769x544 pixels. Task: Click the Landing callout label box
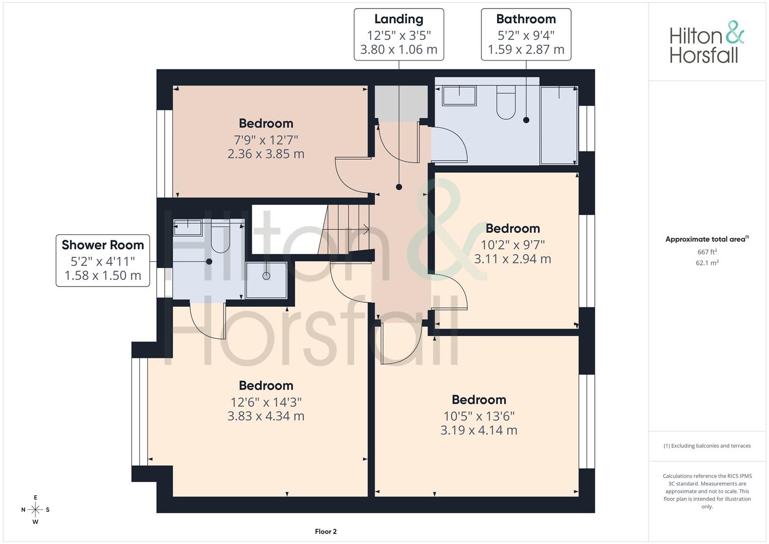pyautogui.click(x=398, y=35)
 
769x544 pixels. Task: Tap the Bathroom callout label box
pyautogui.click(x=526, y=35)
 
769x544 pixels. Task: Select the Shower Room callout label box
pyautogui.click(x=103, y=260)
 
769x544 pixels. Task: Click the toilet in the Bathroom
pyautogui.click(x=506, y=102)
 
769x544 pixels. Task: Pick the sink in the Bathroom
pyautogui.click(x=459, y=96)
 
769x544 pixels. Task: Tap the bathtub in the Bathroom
pyautogui.click(x=558, y=125)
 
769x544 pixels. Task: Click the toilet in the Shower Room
pyautogui.click(x=220, y=236)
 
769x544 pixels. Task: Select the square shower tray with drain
pyautogui.click(x=266, y=280)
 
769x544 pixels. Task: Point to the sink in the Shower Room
pyautogui.click(x=187, y=228)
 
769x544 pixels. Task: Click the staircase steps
pyautogui.click(x=345, y=229)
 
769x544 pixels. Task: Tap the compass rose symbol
pyautogui.click(x=35, y=510)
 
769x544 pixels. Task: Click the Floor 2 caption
pyautogui.click(x=326, y=531)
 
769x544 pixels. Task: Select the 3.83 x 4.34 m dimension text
pyautogui.click(x=266, y=416)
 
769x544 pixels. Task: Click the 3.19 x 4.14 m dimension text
pyautogui.click(x=478, y=430)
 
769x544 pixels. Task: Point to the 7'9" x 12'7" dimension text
pyautogui.click(x=266, y=140)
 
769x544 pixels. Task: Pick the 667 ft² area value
pyautogui.click(x=707, y=252)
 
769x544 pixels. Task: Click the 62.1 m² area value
pyautogui.click(x=707, y=263)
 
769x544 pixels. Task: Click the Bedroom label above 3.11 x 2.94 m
pyautogui.click(x=513, y=228)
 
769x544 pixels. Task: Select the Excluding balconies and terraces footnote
pyautogui.click(x=707, y=446)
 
